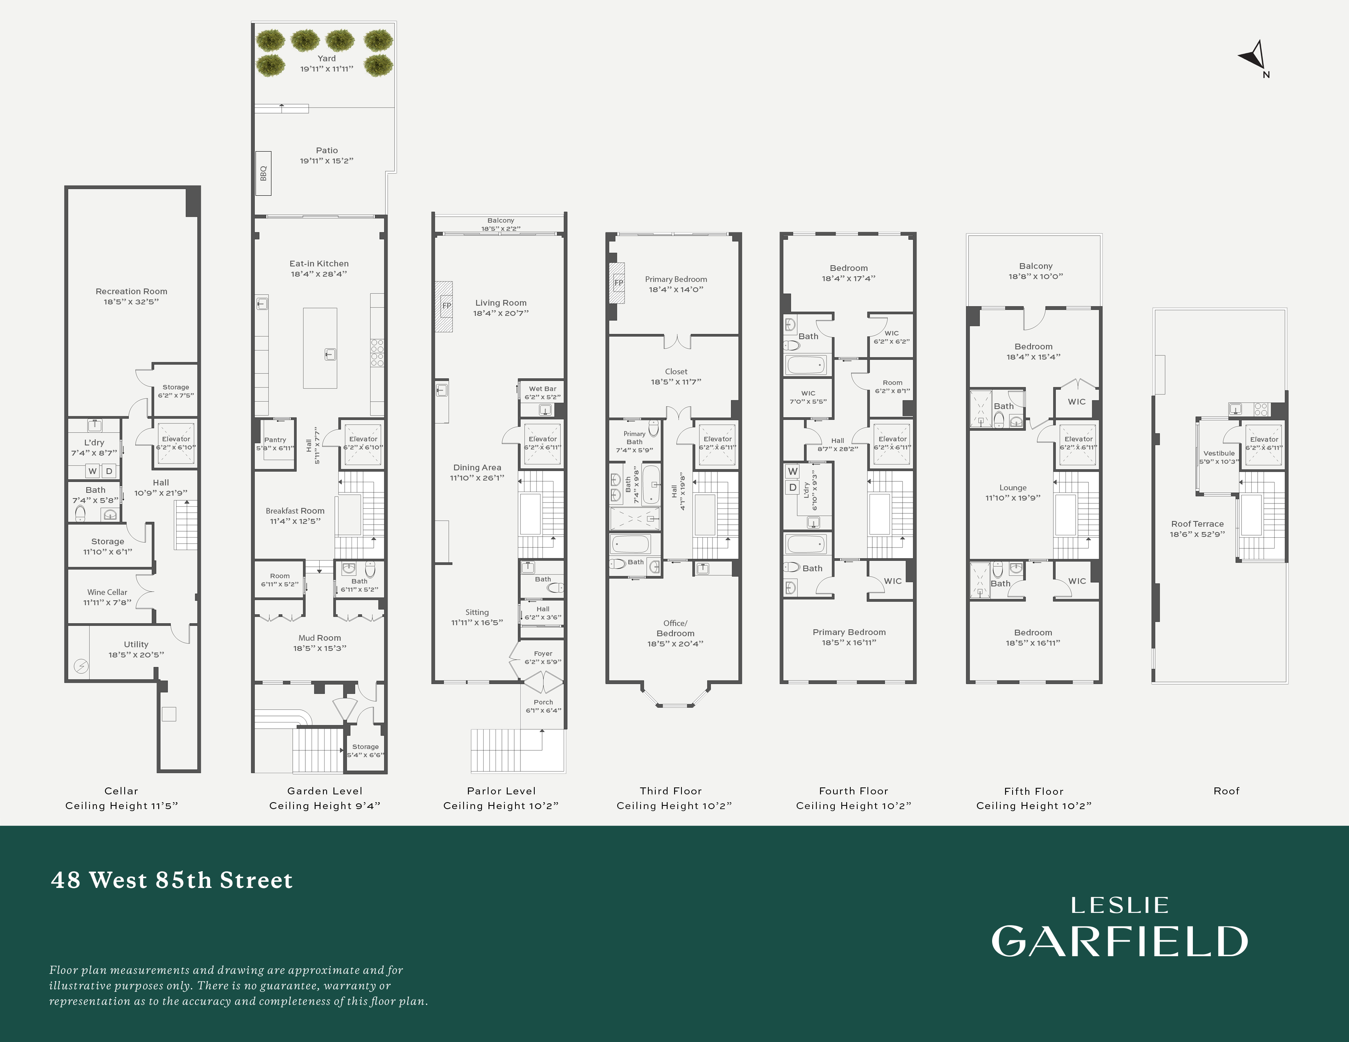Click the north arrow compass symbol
(x=1254, y=57)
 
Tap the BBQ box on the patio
(x=263, y=173)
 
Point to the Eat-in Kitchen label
(x=319, y=264)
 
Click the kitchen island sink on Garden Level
(x=330, y=354)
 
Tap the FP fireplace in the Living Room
(x=446, y=306)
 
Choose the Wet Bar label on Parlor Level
(x=542, y=389)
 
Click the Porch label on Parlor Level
(x=543, y=702)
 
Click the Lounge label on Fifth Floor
(x=1013, y=487)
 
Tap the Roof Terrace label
(x=1197, y=523)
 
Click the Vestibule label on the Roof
(x=1219, y=453)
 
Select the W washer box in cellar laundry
(x=93, y=471)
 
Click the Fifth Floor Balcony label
(x=1035, y=266)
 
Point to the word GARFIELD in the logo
(x=1119, y=941)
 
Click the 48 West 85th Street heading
(x=172, y=880)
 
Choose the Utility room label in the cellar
(x=136, y=644)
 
